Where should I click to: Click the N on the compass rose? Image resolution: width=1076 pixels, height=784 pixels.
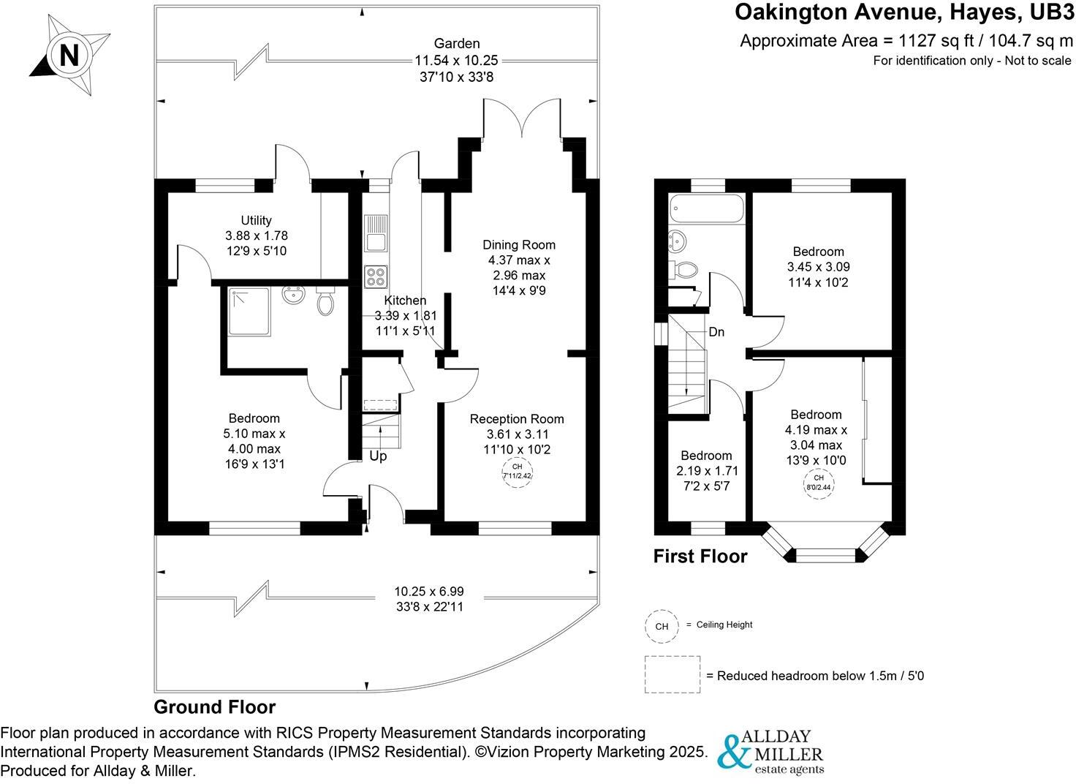click(x=69, y=55)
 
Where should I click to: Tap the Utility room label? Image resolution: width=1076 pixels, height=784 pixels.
click(x=256, y=220)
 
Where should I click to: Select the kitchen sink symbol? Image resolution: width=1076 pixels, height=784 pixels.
click(x=376, y=233)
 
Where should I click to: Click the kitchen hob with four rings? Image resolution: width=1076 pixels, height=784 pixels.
click(x=376, y=277)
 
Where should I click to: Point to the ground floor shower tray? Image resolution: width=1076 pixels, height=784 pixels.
click(x=249, y=312)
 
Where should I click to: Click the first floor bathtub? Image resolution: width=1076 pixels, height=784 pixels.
click(x=706, y=208)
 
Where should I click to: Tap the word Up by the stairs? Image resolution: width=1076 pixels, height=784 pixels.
click(x=378, y=456)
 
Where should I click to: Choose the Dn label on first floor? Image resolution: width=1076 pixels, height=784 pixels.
click(x=716, y=332)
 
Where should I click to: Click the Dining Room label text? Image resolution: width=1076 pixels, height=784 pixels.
click(x=519, y=245)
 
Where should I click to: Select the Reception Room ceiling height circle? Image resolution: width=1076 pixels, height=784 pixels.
click(x=517, y=472)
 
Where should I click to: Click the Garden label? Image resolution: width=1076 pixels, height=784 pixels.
click(x=456, y=43)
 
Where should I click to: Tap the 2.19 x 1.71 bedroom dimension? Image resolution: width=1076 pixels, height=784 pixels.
click(x=707, y=470)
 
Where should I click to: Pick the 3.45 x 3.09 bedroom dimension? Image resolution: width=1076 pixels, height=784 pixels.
click(x=818, y=266)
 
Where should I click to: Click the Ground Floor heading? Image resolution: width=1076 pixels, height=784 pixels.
click(x=215, y=707)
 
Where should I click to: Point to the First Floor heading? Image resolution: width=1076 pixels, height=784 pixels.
click(x=700, y=556)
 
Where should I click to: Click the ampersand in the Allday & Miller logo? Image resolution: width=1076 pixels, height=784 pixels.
click(x=733, y=752)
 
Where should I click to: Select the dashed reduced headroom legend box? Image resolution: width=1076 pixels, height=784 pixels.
click(x=672, y=674)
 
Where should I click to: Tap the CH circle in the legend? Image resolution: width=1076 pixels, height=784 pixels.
click(x=662, y=626)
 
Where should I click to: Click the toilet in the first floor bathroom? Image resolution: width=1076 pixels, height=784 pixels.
click(x=683, y=270)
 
